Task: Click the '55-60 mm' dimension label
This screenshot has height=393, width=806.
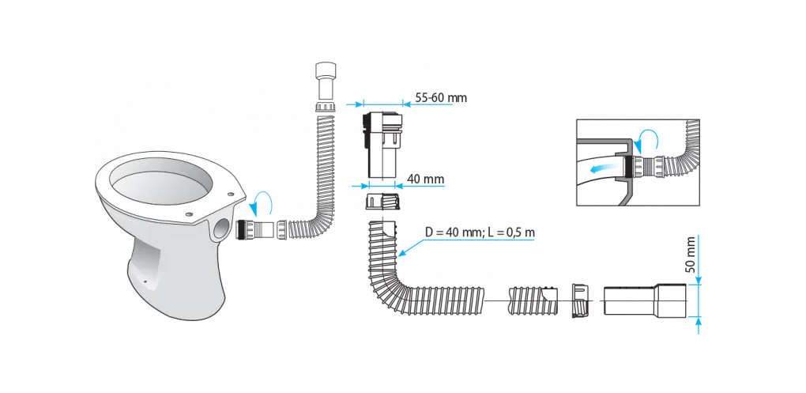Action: coord(441,98)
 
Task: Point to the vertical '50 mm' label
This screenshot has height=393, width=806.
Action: coord(691,255)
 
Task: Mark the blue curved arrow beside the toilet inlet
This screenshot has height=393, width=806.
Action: coord(260,204)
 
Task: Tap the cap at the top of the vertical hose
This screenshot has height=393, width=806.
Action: coord(326,81)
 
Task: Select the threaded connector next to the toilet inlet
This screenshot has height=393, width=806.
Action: coord(255,229)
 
